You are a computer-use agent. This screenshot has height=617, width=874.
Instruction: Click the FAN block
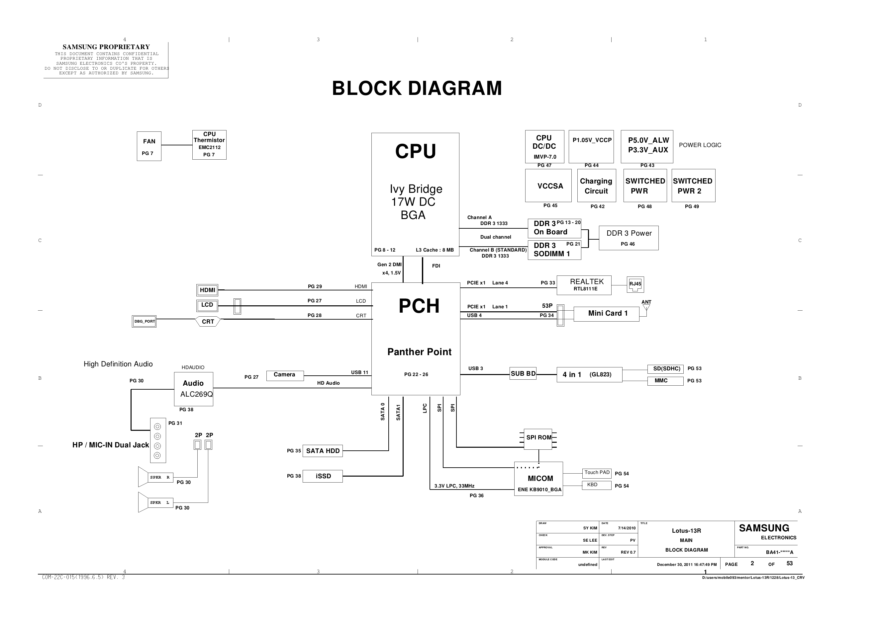click(149, 146)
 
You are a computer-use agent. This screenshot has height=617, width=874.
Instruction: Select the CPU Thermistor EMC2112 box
click(209, 145)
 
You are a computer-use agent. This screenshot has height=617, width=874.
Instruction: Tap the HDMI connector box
click(208, 290)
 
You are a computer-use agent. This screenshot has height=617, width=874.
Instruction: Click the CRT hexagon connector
click(208, 321)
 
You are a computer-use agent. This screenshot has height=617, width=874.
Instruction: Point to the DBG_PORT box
click(144, 321)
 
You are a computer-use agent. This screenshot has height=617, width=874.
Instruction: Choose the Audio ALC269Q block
click(193, 389)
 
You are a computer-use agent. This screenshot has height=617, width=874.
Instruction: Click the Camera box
click(285, 375)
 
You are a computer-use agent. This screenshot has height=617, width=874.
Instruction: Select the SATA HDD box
click(323, 451)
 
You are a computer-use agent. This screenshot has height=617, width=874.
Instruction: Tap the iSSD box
click(323, 476)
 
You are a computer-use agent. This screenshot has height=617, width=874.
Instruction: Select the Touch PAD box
click(597, 473)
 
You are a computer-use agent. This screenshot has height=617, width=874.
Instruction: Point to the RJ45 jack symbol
click(635, 284)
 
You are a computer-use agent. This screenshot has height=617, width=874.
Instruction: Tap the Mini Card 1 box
click(606, 314)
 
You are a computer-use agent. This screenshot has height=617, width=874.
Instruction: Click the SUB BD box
click(523, 373)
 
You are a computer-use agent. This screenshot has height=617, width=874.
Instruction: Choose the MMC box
click(665, 381)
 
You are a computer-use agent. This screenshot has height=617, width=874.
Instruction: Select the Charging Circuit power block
click(596, 186)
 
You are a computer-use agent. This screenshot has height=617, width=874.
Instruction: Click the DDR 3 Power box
click(629, 238)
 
